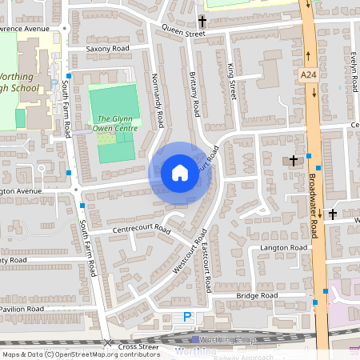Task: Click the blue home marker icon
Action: [180, 171]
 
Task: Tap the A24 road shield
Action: [309, 74]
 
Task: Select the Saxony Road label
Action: [107, 49]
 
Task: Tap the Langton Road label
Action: [283, 249]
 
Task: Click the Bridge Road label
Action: [256, 296]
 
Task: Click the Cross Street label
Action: [139, 346]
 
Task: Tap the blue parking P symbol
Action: [188, 317]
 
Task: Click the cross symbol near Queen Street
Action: [202, 21]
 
